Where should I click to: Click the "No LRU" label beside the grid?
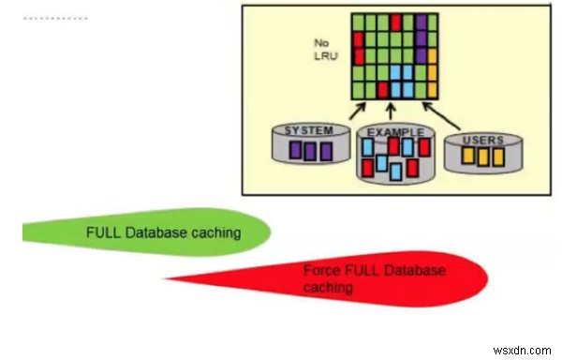323,49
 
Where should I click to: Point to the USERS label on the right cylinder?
482,140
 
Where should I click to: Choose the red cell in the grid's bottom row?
381,91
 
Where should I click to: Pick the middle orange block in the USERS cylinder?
482,157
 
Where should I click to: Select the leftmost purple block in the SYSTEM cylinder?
295,150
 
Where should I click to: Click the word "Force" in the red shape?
318,270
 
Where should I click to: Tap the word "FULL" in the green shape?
102,232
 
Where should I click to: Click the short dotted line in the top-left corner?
54,18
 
